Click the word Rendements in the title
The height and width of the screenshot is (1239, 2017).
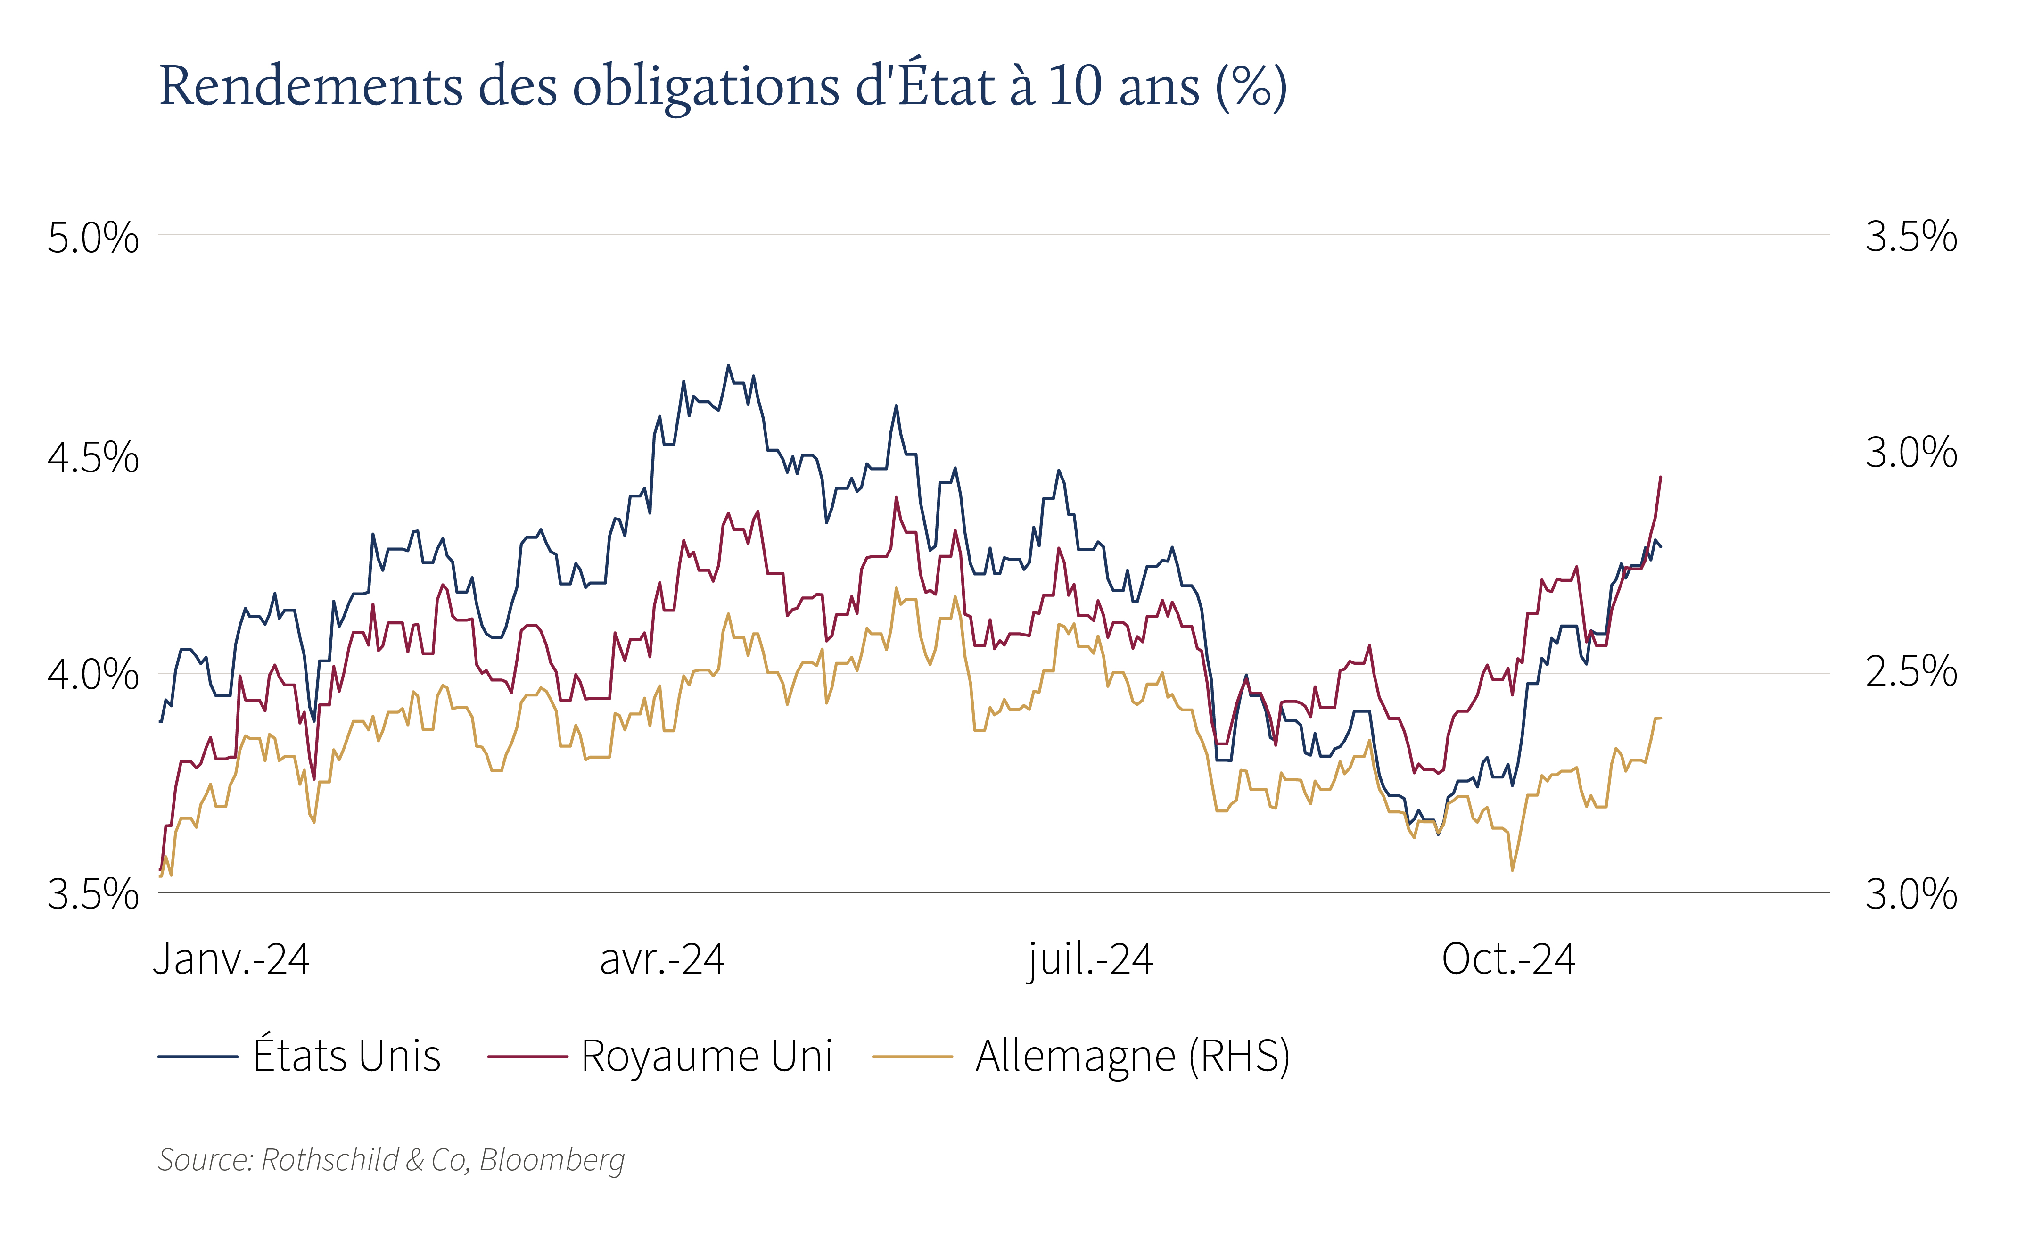311,85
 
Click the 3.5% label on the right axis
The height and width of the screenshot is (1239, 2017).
1911,237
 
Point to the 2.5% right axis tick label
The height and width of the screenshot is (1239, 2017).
1911,672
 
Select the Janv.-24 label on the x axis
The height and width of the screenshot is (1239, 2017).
231,959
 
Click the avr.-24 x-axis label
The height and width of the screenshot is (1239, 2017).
662,959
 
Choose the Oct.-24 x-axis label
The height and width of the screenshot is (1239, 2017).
1508,959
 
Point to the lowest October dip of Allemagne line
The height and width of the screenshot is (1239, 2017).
1512,869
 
